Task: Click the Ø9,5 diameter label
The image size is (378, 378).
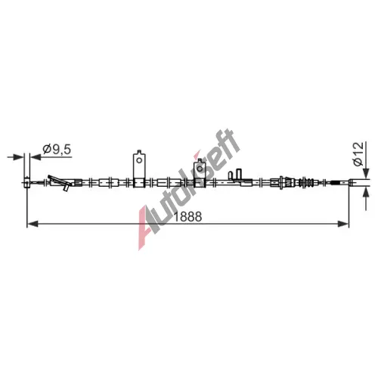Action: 57,150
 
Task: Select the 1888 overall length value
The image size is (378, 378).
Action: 188,216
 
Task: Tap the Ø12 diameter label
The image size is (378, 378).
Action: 358,153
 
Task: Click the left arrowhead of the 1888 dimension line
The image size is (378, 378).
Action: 33,224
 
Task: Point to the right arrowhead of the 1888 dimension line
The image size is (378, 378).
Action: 343,224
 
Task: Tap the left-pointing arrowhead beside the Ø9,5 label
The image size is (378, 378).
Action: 36,157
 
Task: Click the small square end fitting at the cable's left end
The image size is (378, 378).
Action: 26,182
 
